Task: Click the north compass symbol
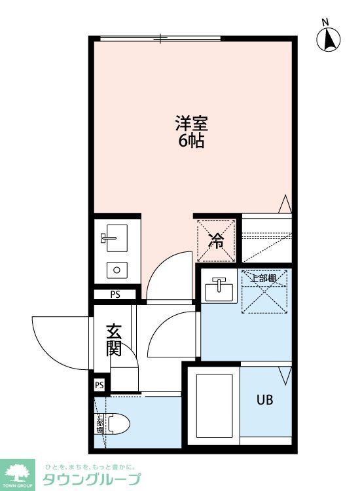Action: click(330, 41)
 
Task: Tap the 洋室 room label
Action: click(191, 122)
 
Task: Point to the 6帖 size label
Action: click(191, 140)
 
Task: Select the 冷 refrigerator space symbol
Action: click(215, 240)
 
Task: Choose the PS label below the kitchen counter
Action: click(115, 295)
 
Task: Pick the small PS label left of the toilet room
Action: click(99, 385)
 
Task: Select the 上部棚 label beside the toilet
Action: click(99, 425)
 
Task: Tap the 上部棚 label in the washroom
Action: click(264, 278)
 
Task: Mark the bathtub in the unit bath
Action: click(215, 405)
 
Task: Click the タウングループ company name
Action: click(92, 479)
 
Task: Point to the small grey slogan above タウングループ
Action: click(89, 467)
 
